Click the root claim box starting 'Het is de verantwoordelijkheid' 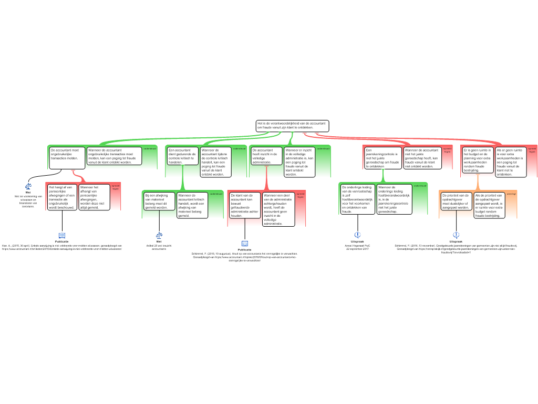tap(292, 126)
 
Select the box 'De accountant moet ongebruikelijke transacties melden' tap(67, 157)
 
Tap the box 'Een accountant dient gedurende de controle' tap(182, 156)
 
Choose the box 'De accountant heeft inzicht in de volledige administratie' tap(265, 156)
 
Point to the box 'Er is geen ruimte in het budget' tap(478, 160)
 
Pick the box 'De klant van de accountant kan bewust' tap(245, 205)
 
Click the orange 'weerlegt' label tap(511, 194)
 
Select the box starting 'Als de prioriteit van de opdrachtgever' tap(489, 205)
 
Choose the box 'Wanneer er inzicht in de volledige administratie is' tap(299, 162)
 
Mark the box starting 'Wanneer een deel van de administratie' tap(278, 209)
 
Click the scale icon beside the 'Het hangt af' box tap(28, 186)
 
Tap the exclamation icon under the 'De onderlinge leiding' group tap(358, 235)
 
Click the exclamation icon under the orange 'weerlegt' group tap(456, 235)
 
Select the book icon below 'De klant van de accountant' tap(245, 244)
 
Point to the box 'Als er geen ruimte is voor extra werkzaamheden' tap(510, 161)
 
